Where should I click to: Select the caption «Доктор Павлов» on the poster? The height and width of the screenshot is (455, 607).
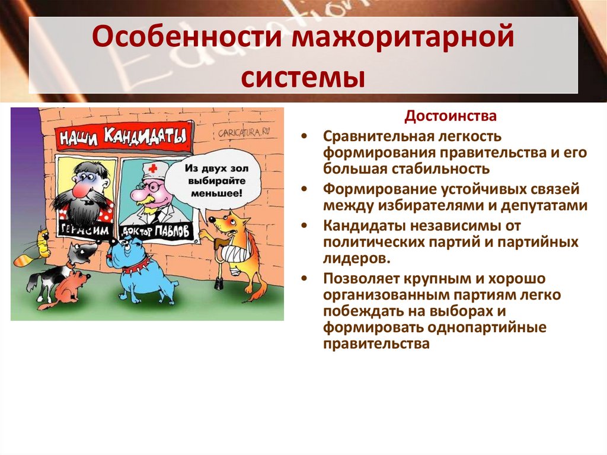pos(156,231)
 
